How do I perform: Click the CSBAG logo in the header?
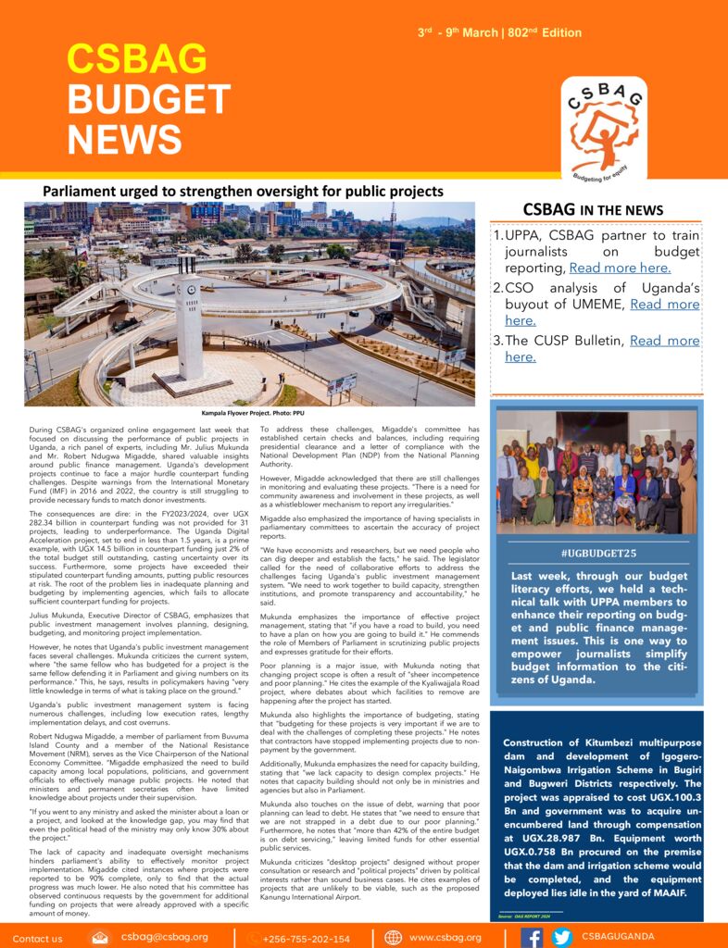coord(603,131)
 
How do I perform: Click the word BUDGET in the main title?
coord(149,100)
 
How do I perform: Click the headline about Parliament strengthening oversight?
coord(243,192)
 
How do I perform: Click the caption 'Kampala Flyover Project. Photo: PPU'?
coord(249,414)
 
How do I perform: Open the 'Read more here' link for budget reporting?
coord(620,268)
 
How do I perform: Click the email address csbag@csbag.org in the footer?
coord(165,937)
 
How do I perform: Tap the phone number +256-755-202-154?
coord(306,938)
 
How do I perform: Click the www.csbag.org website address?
coord(446,937)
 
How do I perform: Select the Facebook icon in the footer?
coord(533,937)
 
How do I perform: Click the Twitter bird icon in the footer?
coord(561,937)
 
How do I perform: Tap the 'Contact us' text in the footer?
coord(38,938)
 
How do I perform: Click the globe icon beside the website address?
coord(394,937)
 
